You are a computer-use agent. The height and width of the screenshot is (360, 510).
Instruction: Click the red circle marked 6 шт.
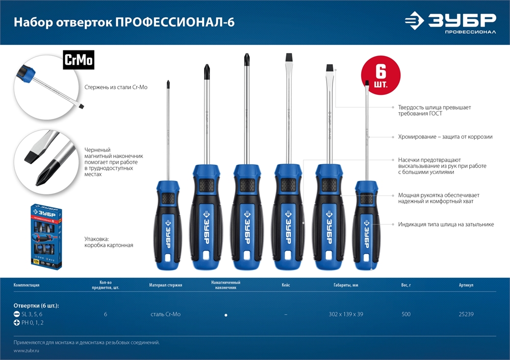(380, 75)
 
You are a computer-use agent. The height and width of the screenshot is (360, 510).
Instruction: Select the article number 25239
(466, 314)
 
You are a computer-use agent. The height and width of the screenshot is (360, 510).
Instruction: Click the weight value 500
(406, 314)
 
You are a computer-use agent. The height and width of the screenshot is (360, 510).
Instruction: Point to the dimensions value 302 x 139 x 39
(346, 314)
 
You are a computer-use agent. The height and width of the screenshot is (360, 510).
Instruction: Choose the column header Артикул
(466, 285)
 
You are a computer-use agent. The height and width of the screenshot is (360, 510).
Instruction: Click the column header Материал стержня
(166, 285)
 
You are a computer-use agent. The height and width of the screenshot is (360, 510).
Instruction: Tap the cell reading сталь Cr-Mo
(166, 314)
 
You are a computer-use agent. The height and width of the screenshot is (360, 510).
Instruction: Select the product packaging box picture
(44, 236)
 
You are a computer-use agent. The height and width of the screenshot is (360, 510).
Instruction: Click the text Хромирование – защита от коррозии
(445, 137)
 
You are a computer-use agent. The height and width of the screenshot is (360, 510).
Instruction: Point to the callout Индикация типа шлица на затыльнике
(446, 224)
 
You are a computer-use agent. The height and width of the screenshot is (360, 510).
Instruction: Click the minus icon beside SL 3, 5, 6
(16, 314)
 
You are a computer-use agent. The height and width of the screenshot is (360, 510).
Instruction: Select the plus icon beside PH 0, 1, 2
(16, 323)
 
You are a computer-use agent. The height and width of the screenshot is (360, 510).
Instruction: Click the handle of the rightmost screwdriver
(366, 224)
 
